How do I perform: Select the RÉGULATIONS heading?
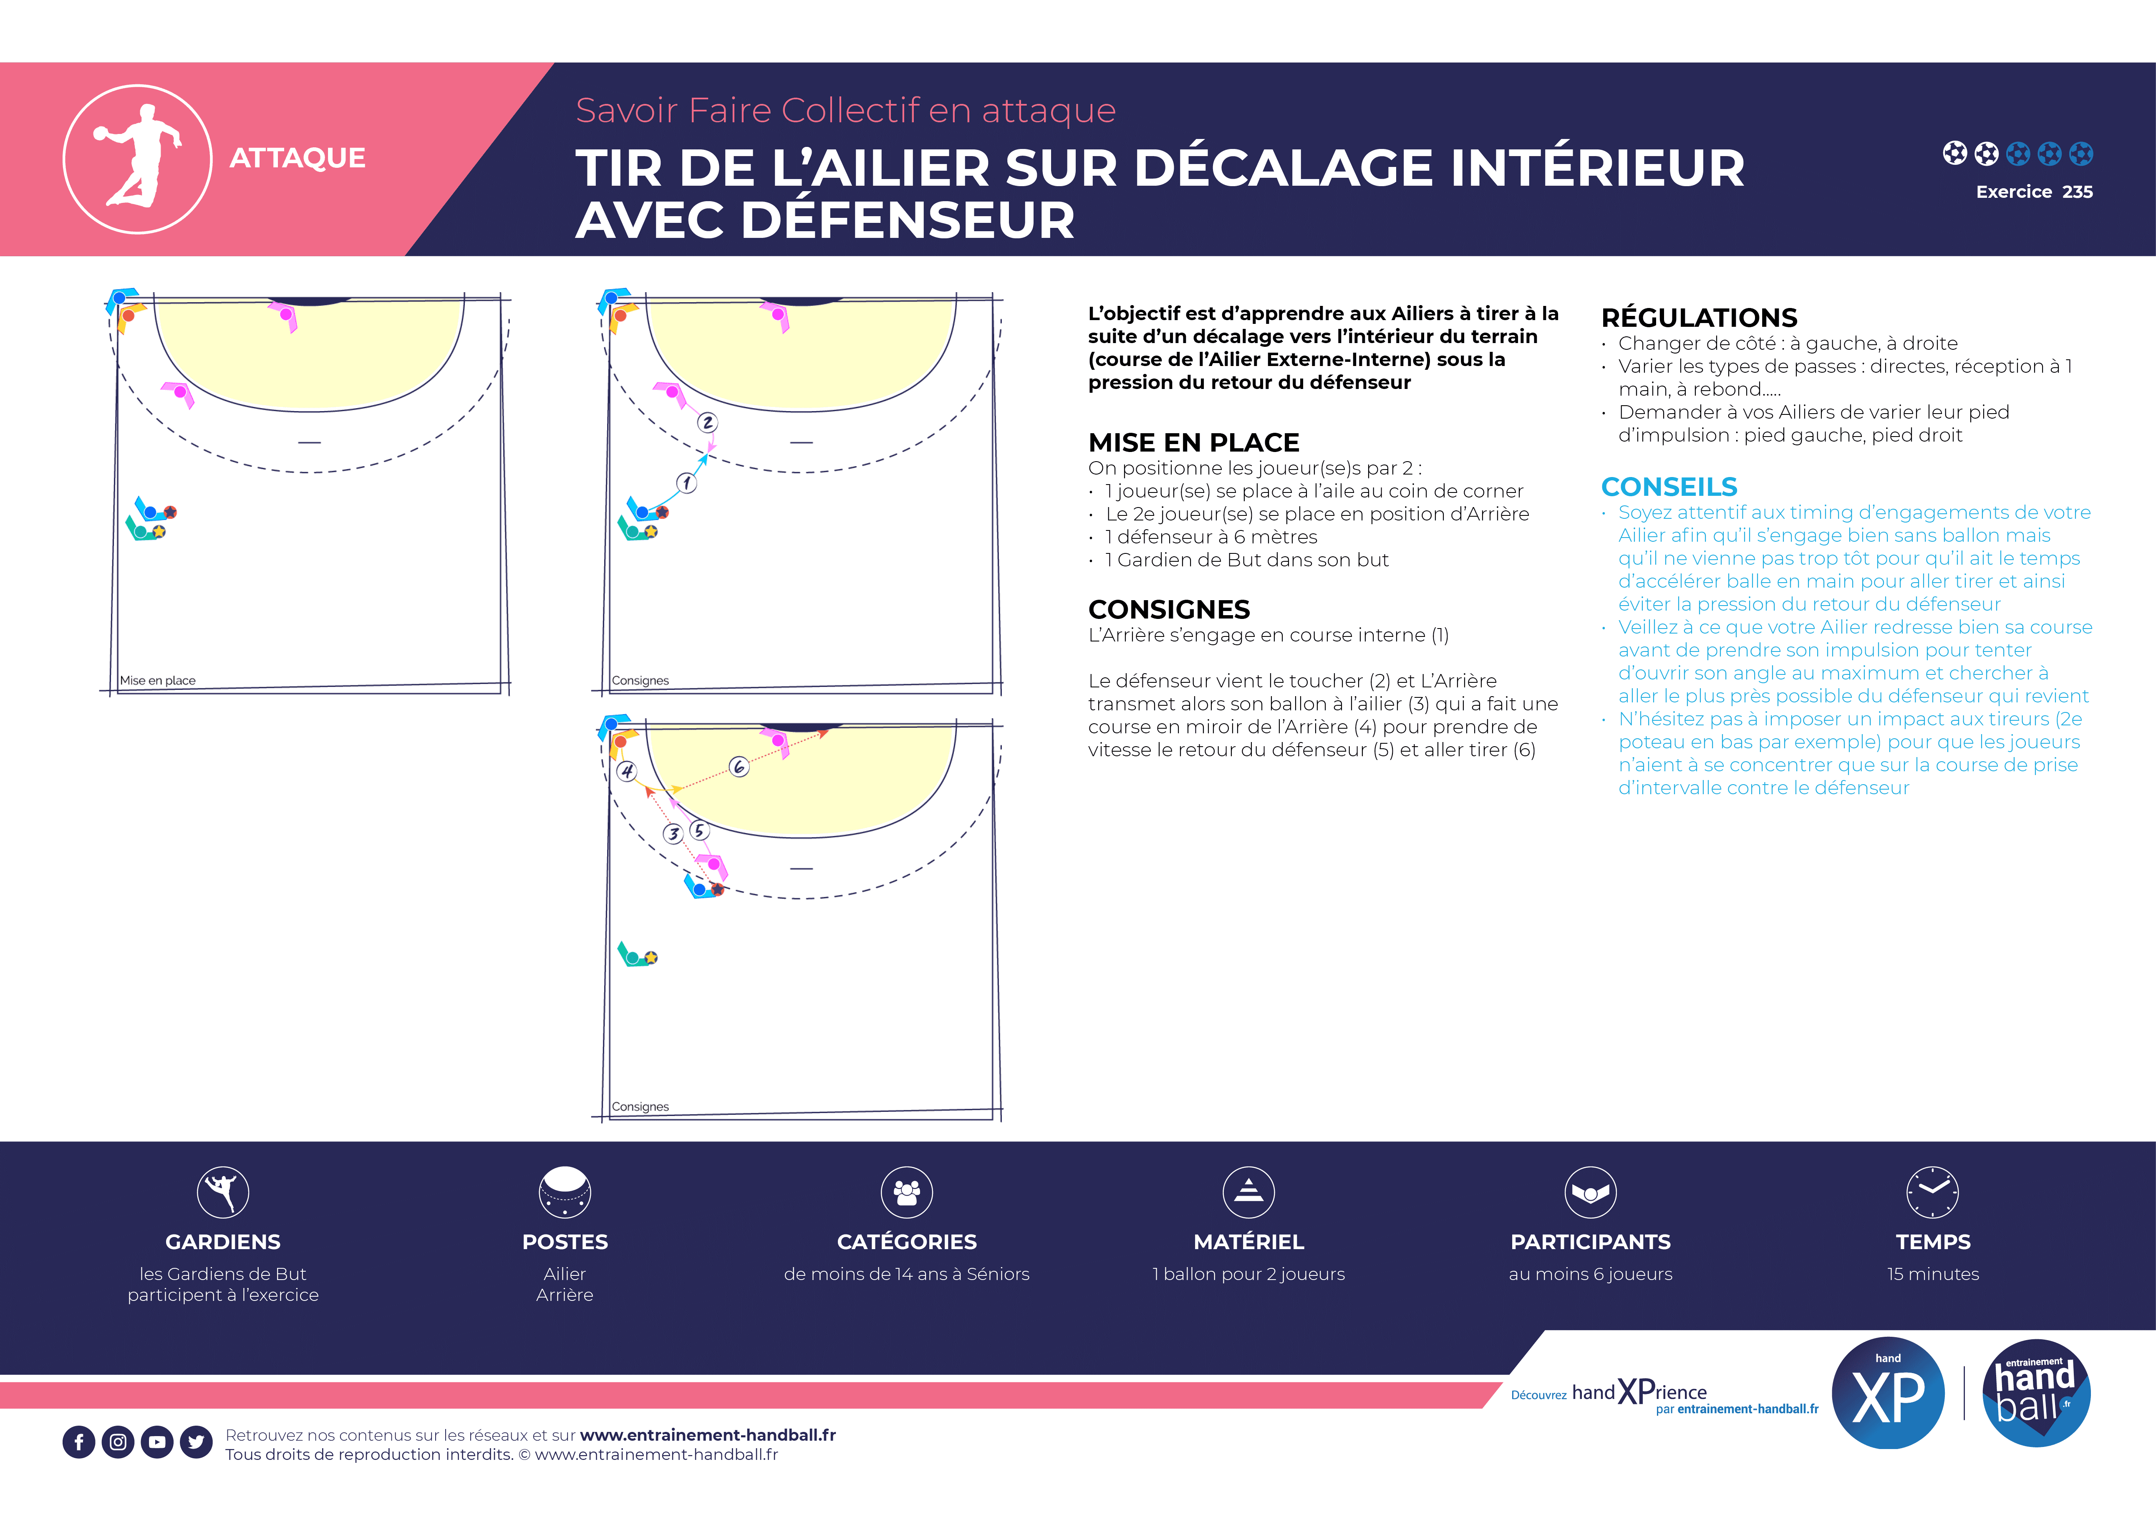[x=1699, y=317]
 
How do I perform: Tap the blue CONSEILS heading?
[x=1669, y=487]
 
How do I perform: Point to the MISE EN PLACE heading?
[x=1193, y=442]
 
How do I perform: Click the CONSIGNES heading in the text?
[x=1169, y=609]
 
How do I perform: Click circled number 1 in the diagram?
[x=686, y=482]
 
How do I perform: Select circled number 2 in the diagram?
[x=708, y=422]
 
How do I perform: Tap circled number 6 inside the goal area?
[x=739, y=767]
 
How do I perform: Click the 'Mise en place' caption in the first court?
[x=158, y=681]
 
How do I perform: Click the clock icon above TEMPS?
[x=1932, y=1192]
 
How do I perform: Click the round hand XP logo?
[x=1889, y=1394]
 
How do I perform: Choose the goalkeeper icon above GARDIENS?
[x=222, y=1192]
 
